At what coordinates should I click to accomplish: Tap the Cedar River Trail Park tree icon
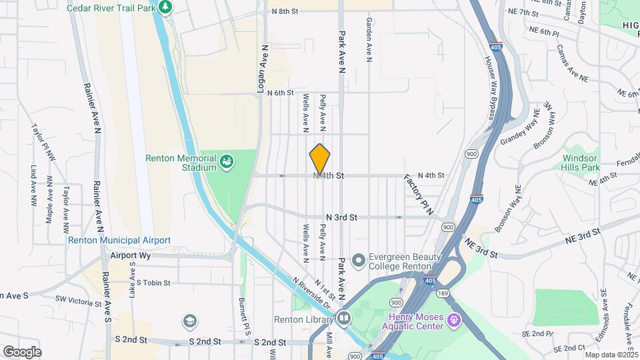click(x=165, y=7)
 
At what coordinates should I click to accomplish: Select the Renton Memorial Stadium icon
click(x=227, y=161)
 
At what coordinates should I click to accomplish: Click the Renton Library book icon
click(x=343, y=319)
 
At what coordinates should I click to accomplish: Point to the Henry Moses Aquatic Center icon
click(x=454, y=321)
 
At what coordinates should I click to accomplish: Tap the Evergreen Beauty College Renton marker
click(x=359, y=259)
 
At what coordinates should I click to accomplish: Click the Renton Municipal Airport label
click(x=119, y=240)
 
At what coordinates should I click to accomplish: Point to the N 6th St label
click(x=280, y=93)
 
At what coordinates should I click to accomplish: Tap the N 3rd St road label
click(x=341, y=217)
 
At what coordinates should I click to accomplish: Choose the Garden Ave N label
click(x=369, y=40)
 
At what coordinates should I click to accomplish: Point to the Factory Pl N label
click(x=419, y=195)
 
